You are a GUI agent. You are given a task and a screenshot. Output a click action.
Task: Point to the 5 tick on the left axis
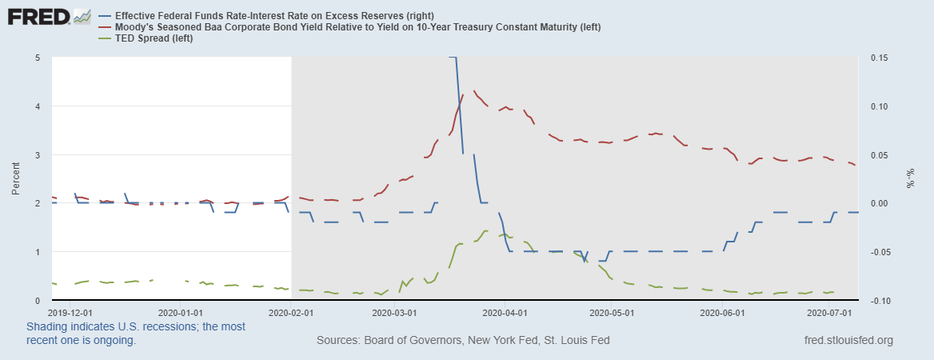pyautogui.click(x=38, y=58)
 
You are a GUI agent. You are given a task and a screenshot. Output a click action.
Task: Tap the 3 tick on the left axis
pyautogui.click(x=38, y=154)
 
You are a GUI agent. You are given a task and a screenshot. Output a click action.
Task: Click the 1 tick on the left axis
pyautogui.click(x=38, y=252)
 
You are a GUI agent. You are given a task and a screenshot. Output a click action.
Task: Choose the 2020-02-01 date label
pyautogui.click(x=291, y=313)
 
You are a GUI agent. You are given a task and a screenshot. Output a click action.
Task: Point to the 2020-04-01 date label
pyautogui.click(x=508, y=313)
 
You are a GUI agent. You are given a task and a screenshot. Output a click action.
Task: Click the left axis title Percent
pyautogui.click(x=15, y=179)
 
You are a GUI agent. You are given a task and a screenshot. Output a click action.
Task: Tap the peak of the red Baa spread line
pyautogui.click(x=475, y=91)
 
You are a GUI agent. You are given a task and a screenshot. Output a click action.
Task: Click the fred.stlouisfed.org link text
pyautogui.click(x=848, y=340)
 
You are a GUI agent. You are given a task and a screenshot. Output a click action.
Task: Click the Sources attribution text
pyautogui.click(x=463, y=340)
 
